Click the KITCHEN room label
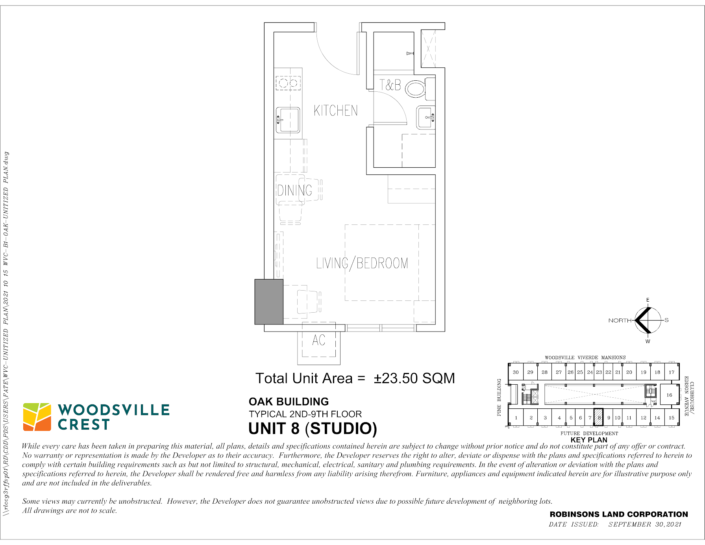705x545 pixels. pyautogui.click(x=336, y=111)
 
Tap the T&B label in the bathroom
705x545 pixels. pyautogui.click(x=390, y=85)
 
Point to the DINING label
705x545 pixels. pyautogui.click(x=295, y=191)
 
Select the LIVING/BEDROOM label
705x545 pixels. pyautogui.click(x=362, y=263)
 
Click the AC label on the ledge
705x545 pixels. pyautogui.click(x=319, y=340)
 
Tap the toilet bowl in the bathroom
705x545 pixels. pyautogui.click(x=415, y=89)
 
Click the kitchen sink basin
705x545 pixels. pyautogui.click(x=289, y=120)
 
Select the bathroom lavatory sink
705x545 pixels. pyautogui.click(x=426, y=117)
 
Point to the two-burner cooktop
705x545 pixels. pyautogui.click(x=288, y=83)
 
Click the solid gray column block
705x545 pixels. pyautogui.click(x=269, y=302)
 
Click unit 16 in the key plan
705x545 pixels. pyautogui.click(x=669, y=395)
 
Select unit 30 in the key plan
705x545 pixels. pyautogui.click(x=516, y=372)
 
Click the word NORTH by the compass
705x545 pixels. pyautogui.click(x=620, y=321)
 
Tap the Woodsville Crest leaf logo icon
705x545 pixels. pyautogui.click(x=37, y=417)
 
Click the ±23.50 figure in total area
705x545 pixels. pyautogui.click(x=395, y=378)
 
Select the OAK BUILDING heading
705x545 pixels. pyautogui.click(x=289, y=402)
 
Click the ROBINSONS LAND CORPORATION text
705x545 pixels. pyautogui.click(x=619, y=514)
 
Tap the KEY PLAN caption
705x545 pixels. pyautogui.click(x=589, y=440)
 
